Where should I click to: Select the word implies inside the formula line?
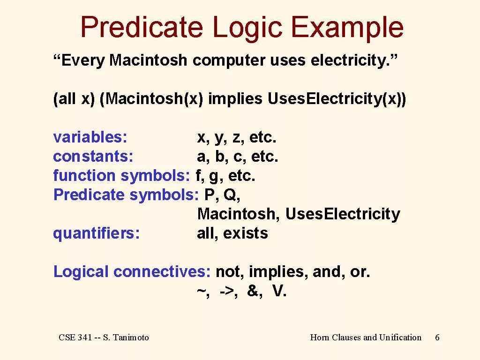235,99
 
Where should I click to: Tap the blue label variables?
90,137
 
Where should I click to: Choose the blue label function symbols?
121,176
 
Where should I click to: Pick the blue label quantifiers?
97,233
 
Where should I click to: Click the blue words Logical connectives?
132,272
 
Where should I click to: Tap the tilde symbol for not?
202,292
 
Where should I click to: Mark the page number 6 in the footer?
437,337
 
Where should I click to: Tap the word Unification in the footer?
400,337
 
